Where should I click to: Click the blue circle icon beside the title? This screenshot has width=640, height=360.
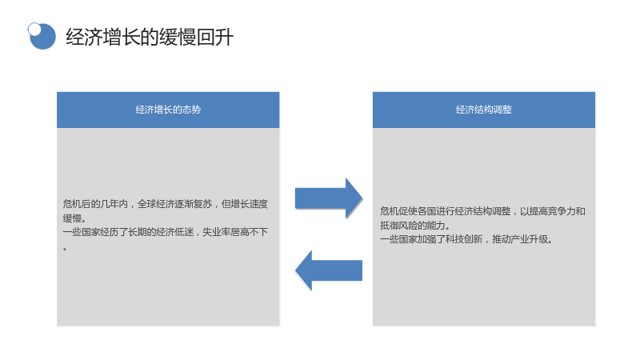point(42,36)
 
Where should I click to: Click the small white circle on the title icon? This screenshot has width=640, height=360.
point(34,29)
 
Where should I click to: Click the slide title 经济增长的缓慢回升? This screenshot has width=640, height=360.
point(150,37)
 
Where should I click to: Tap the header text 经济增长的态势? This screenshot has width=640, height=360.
point(168,110)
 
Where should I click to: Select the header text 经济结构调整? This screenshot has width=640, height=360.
point(484,110)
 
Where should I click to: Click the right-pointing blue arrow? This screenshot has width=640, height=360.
point(329,198)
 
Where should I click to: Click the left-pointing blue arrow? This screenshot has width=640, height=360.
point(329,270)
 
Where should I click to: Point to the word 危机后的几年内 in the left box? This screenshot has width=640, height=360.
point(95,204)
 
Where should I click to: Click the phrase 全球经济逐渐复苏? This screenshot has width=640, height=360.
point(174,204)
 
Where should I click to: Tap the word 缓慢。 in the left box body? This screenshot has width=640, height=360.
point(74,218)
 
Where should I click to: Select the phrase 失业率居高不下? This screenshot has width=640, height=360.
point(235,232)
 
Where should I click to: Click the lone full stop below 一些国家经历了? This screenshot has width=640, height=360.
point(65,248)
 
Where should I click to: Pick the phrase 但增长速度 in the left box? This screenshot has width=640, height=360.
point(245,204)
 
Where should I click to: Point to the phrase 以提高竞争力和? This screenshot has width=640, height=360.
point(553,211)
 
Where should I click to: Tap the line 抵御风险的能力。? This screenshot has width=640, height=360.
point(415,226)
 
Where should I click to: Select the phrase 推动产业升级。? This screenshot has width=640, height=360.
point(522,239)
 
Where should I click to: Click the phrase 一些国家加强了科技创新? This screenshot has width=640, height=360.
point(431,239)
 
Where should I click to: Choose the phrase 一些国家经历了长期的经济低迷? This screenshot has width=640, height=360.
point(128,232)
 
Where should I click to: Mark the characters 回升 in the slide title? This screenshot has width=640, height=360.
point(215,37)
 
